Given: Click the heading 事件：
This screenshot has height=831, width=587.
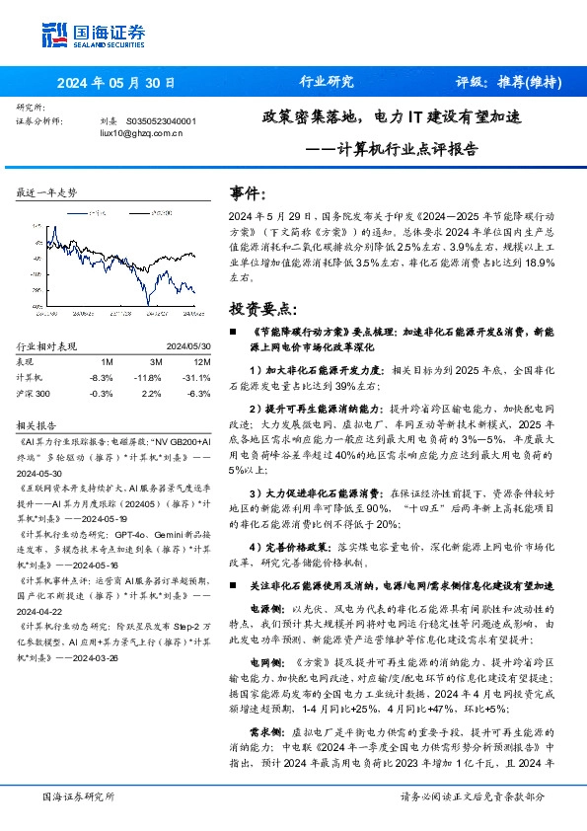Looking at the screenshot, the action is click(x=247, y=194).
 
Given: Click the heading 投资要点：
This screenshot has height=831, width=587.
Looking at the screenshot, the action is click(x=258, y=308).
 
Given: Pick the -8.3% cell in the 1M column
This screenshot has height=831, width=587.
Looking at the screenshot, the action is click(x=101, y=378).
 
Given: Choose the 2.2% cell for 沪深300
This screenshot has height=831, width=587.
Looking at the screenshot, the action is click(x=150, y=393).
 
